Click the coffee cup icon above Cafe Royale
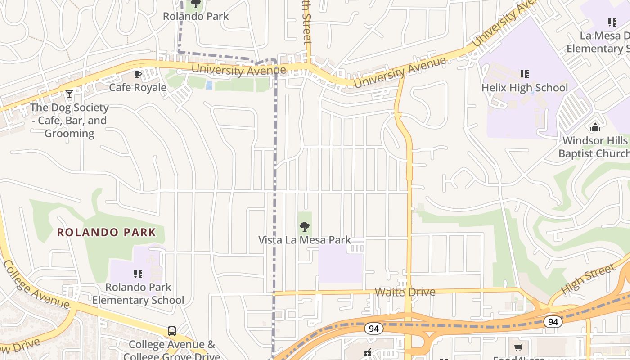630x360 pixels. [x=138, y=74]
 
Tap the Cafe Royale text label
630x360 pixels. [x=138, y=87]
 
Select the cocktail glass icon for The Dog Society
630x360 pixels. [x=69, y=94]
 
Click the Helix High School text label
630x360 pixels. [x=525, y=87]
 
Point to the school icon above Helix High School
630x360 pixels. [x=524, y=74]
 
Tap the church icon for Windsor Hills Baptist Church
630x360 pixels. [x=595, y=127]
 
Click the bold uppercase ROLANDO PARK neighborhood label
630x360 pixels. [x=107, y=233]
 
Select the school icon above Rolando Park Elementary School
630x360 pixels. [x=138, y=274]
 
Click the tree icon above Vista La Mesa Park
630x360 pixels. [x=305, y=226]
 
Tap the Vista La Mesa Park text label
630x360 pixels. [x=305, y=240]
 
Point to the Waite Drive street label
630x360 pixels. [x=405, y=292]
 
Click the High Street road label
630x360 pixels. [x=588, y=278]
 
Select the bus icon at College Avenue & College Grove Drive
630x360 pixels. [x=171, y=331]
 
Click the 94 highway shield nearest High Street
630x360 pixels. [x=552, y=322]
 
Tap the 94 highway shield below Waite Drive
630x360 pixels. [x=373, y=329]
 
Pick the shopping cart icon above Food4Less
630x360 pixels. [x=518, y=347]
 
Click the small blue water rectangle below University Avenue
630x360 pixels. [x=209, y=85]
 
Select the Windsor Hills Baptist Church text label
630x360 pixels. [x=594, y=147]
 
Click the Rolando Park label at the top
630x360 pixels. [x=196, y=16]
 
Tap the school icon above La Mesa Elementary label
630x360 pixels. [x=612, y=22]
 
